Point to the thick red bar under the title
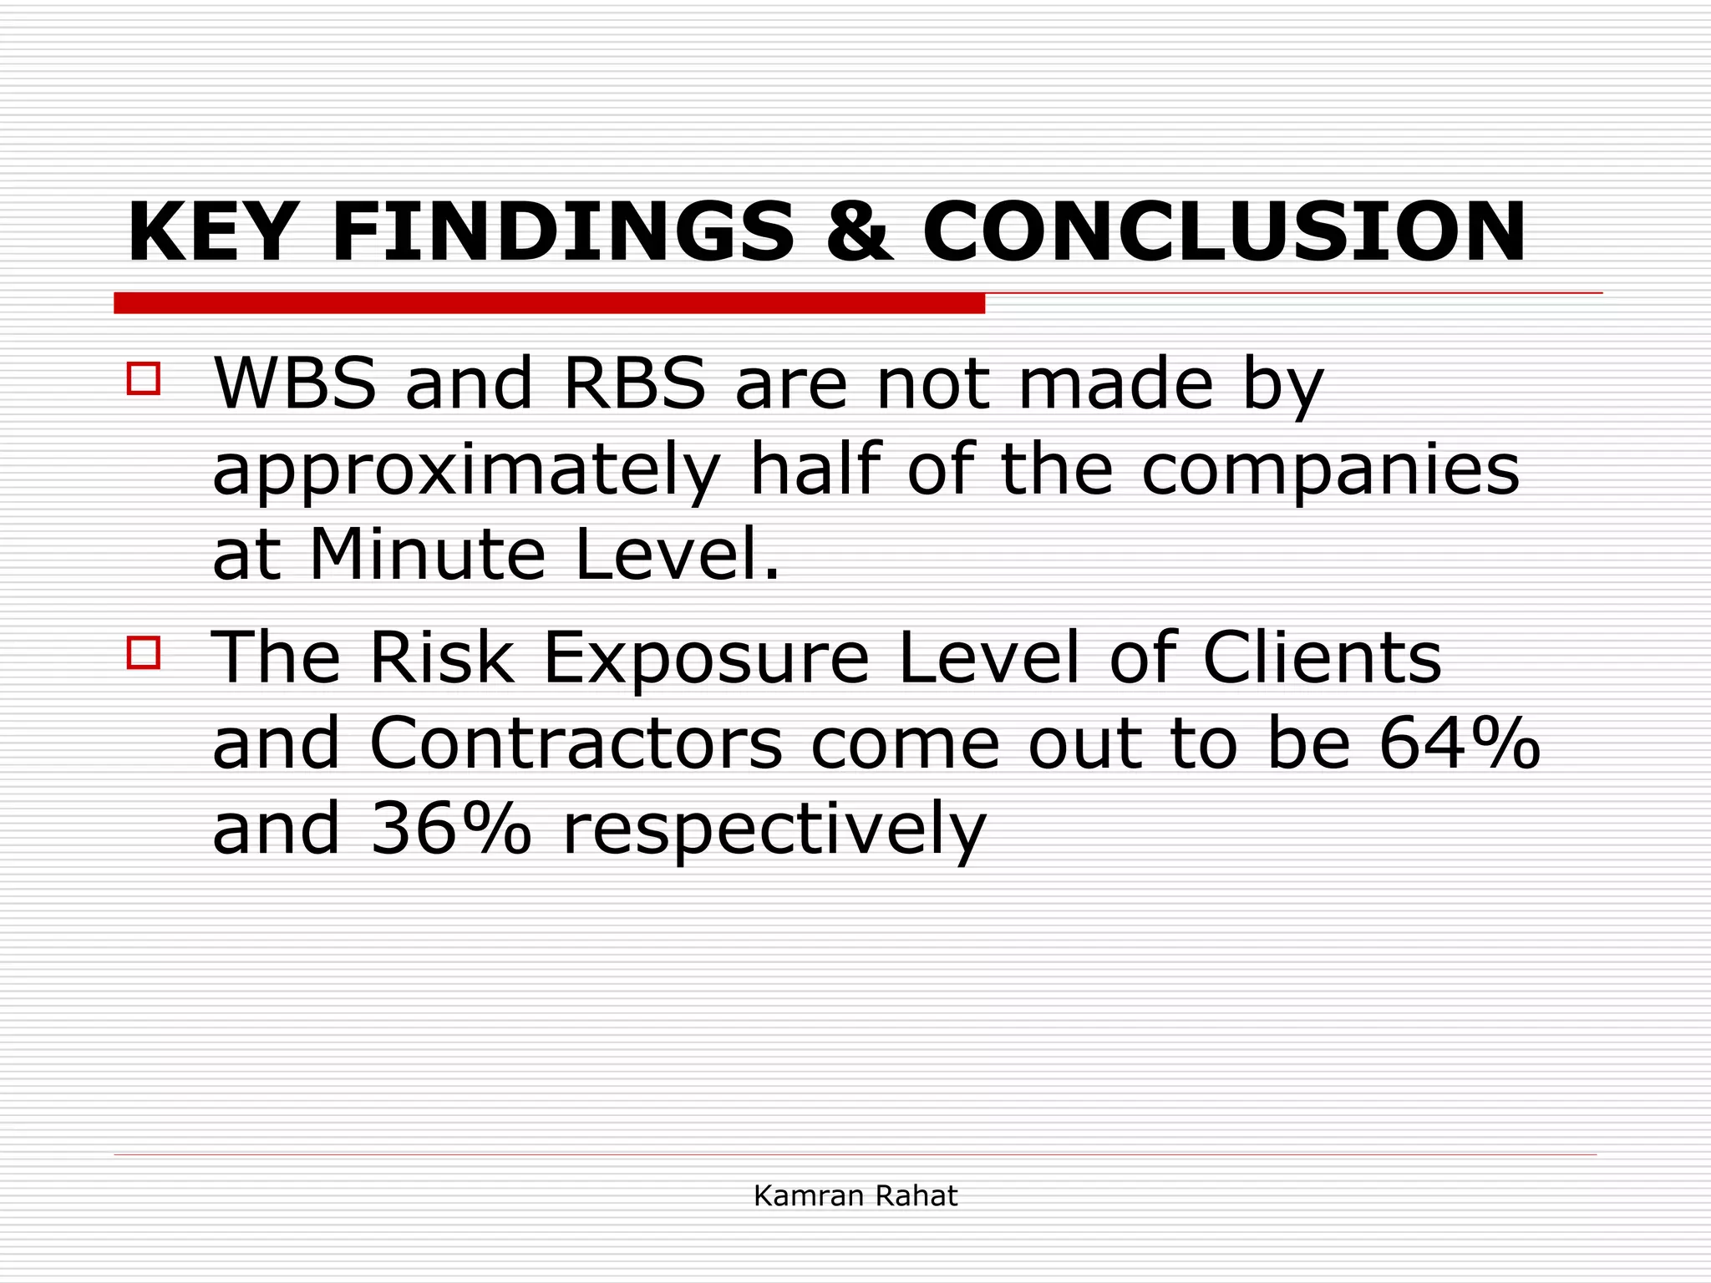click(549, 303)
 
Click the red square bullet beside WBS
click(144, 378)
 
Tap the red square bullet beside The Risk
click(144, 652)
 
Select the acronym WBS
click(295, 383)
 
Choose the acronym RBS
click(635, 383)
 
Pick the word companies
click(1330, 469)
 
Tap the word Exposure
click(707, 658)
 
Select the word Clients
click(1323, 658)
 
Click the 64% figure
click(1459, 743)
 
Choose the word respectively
click(774, 832)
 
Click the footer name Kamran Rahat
click(855, 1196)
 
